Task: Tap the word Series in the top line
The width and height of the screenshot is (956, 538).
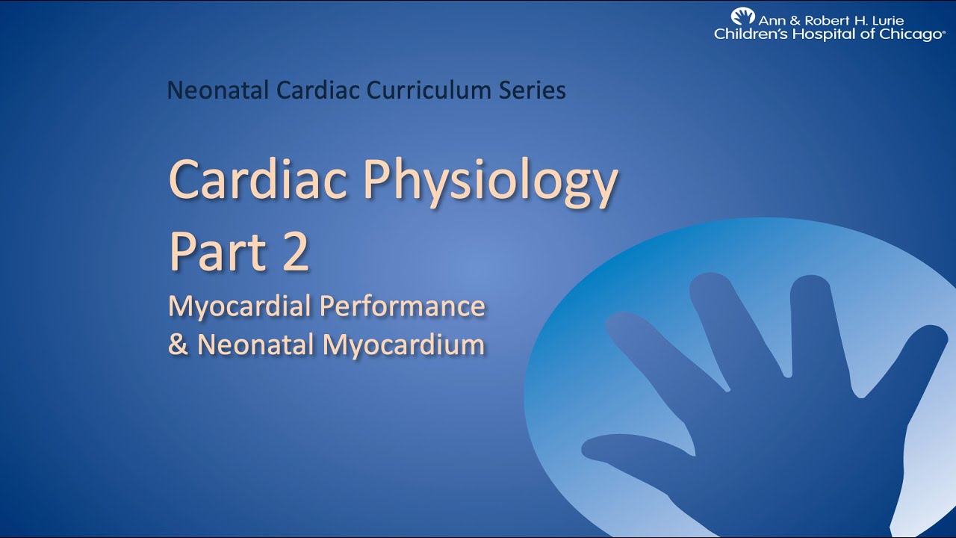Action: [533, 90]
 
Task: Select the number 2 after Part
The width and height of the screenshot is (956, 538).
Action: [296, 252]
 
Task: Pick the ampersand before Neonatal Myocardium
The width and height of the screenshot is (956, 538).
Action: [178, 345]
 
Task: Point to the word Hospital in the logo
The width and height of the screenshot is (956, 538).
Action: [813, 34]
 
